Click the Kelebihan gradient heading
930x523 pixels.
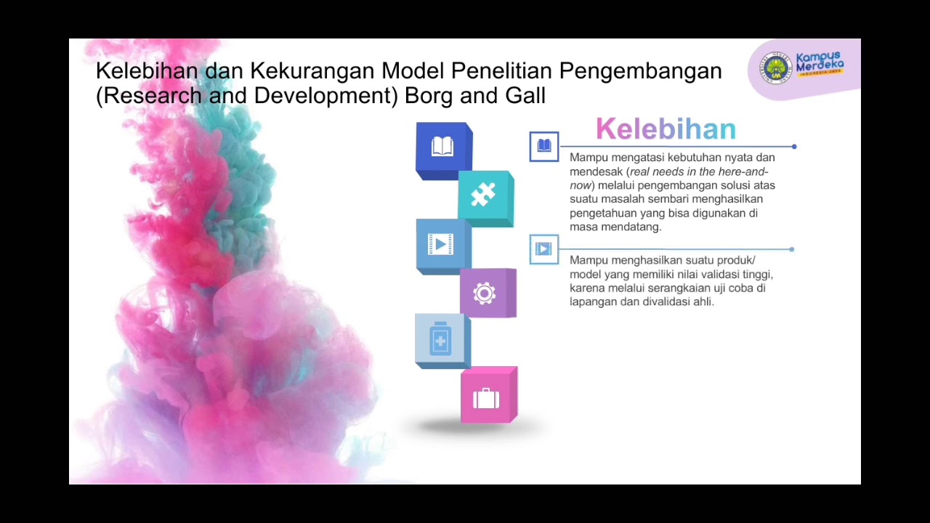666,129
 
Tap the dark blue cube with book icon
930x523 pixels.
443,148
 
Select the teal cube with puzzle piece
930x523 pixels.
485,196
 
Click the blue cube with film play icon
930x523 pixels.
442,245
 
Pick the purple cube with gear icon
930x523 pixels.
485,293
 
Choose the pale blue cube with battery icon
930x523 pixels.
441,341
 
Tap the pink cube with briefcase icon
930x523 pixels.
487,397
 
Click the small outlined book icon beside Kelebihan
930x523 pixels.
544,146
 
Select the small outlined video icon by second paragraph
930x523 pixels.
543,249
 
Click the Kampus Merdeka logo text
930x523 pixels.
820,64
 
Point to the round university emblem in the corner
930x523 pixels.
775,68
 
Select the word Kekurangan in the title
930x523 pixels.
312,71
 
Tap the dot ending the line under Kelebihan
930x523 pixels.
794,147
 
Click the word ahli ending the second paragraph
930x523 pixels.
703,301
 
